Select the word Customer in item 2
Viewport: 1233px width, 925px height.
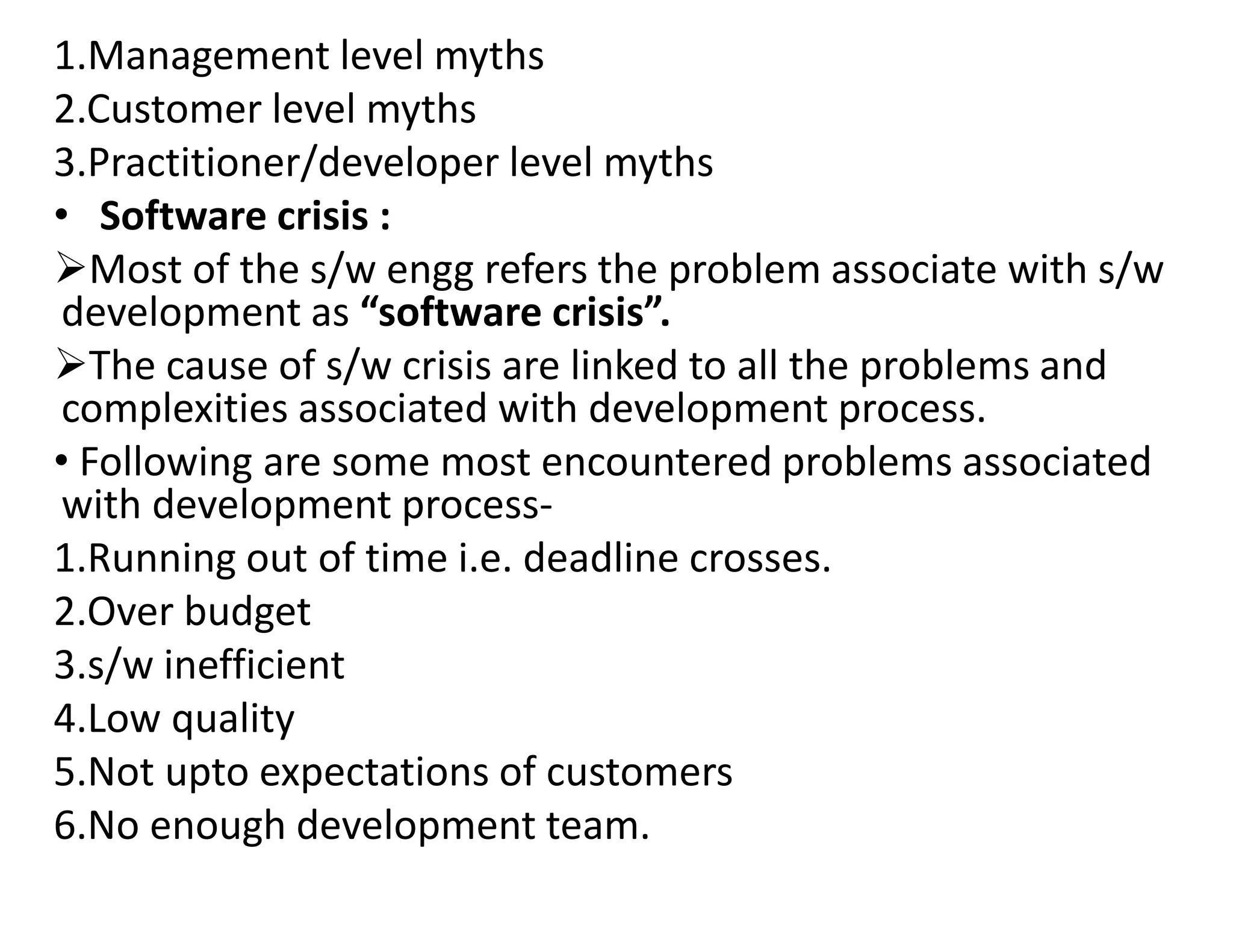pos(174,110)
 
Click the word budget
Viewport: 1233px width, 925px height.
pos(247,612)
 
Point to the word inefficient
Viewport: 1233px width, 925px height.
pos(254,665)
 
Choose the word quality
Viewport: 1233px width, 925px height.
pos(234,720)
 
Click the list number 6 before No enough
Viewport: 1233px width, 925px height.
pos(66,826)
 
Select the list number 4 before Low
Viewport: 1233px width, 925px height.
pos(66,718)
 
